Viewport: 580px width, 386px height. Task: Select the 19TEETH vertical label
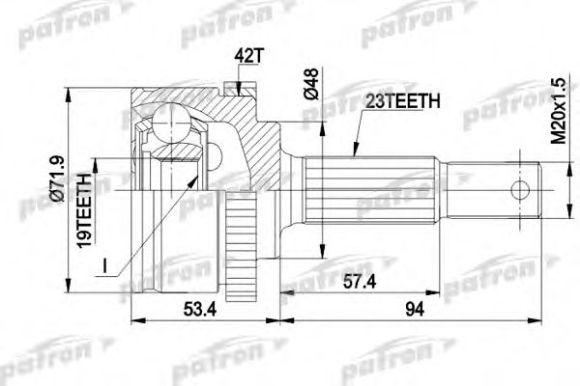coord(85,205)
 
